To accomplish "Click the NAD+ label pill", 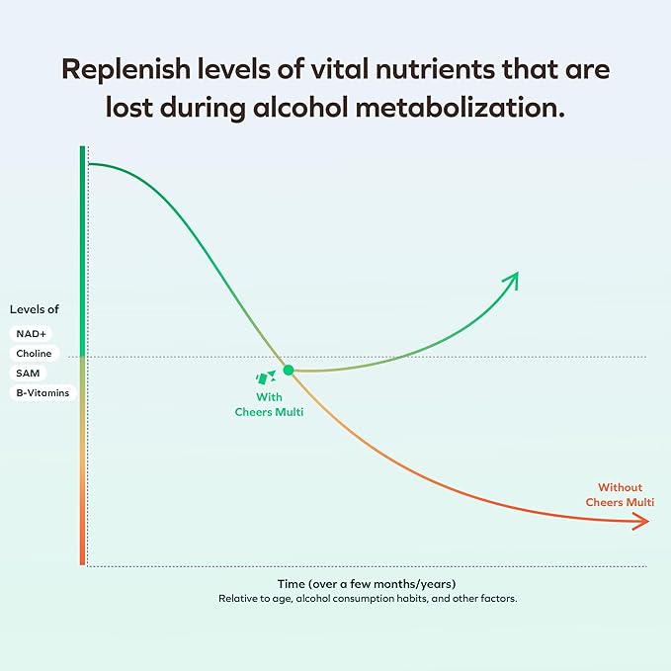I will (x=30, y=334).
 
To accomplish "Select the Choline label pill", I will (x=34, y=354).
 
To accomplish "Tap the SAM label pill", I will (x=26, y=374).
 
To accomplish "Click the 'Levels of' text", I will (x=35, y=309).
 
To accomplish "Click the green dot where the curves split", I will (x=289, y=370).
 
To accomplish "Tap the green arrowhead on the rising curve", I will (x=511, y=280).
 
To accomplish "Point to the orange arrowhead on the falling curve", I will (x=641, y=523).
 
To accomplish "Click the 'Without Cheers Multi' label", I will (x=620, y=495).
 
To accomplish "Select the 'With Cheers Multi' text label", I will (x=269, y=404).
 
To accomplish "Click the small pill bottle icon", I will (x=265, y=377).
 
